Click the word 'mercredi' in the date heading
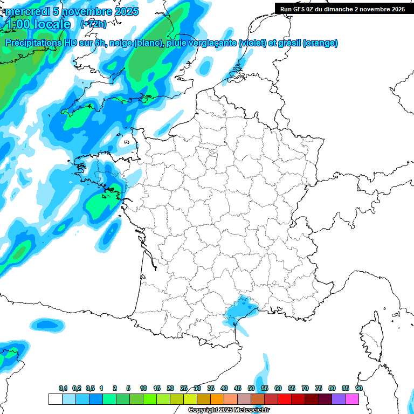27,11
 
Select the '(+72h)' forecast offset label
93,24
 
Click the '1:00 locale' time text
37,24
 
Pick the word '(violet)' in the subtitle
252,43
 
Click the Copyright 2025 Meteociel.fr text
229,410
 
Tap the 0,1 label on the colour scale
63,388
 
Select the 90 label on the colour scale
358,388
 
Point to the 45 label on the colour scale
238,388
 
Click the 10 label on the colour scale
143,388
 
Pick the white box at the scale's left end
55,399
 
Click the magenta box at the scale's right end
352,399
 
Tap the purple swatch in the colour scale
339,399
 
